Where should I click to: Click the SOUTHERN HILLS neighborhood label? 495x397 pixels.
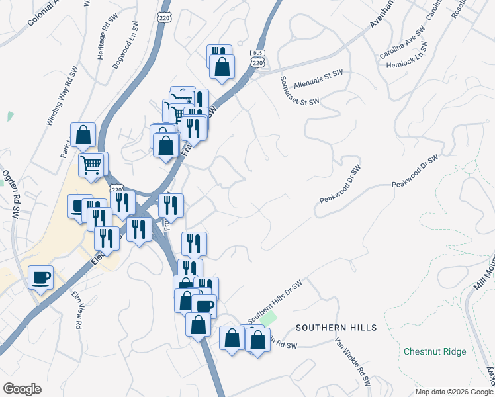click(x=336, y=328)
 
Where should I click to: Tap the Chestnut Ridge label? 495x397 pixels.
click(x=435, y=351)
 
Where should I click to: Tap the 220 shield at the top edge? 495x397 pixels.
click(x=165, y=17)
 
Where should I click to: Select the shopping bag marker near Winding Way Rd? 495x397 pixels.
click(x=83, y=135)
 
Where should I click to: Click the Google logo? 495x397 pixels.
click(x=22, y=389)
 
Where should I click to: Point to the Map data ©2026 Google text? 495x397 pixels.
click(x=453, y=392)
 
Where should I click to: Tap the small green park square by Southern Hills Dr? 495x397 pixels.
click(x=267, y=318)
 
